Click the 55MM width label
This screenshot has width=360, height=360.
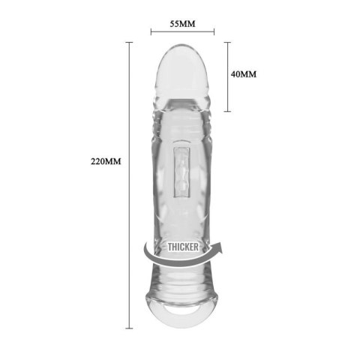click(182, 23)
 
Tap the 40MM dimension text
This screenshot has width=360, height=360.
click(244, 74)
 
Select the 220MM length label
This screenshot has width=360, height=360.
click(105, 161)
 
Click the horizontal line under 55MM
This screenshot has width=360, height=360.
click(182, 32)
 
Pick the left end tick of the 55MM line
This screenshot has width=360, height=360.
click(151, 32)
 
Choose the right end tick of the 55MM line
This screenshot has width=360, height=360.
click(214, 32)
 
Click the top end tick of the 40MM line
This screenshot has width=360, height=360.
click(228, 43)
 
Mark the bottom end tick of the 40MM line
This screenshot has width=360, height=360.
click(228, 111)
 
